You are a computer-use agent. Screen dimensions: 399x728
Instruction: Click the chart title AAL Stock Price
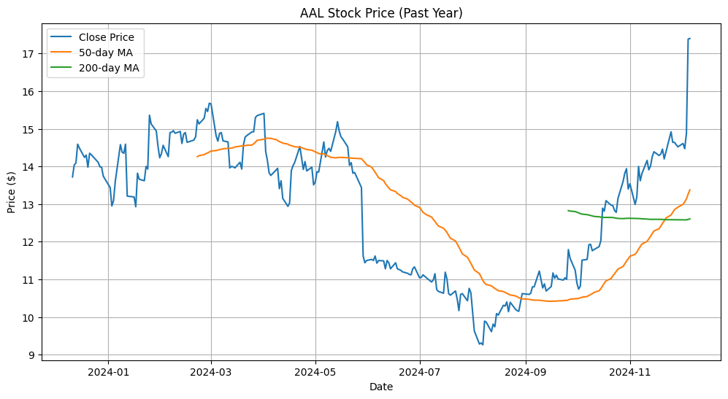tap(380, 13)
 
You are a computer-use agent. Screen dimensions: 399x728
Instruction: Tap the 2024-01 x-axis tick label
tap(108, 371)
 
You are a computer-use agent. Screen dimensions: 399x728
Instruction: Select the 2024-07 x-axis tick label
tap(420, 371)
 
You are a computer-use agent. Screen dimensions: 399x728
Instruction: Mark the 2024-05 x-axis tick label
tap(315, 371)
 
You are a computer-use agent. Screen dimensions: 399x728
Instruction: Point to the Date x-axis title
tap(380, 387)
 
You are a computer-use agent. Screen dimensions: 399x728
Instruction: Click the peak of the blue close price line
tap(690, 38)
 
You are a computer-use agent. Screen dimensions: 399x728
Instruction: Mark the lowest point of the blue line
tap(483, 344)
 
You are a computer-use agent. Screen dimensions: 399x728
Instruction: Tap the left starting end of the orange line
tap(197, 157)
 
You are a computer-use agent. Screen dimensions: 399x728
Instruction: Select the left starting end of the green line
tap(567, 211)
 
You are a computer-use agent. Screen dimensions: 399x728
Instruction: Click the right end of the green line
tap(690, 219)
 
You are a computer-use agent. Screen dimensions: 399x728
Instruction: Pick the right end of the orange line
tap(690, 190)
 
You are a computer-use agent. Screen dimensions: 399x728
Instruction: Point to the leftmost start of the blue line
tap(72, 177)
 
